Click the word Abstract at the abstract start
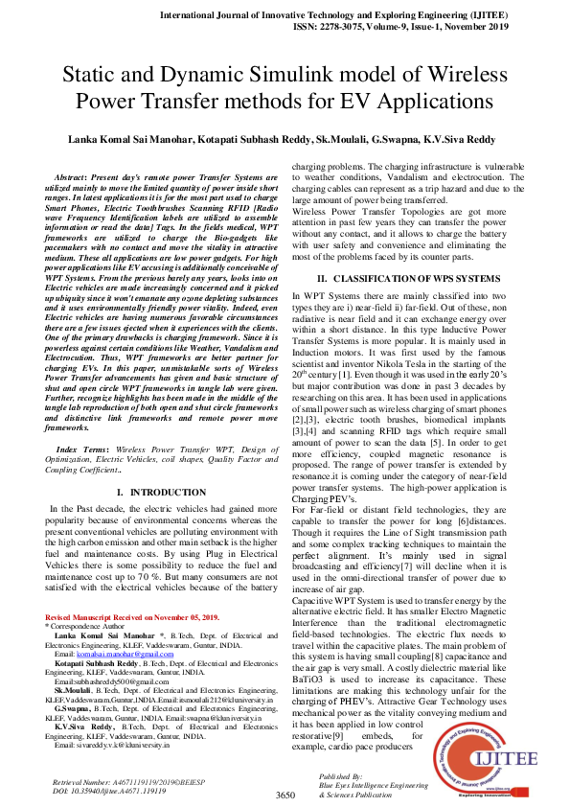(72, 179)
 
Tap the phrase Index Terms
(80, 450)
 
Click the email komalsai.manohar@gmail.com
(116, 652)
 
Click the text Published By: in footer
(340, 775)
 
